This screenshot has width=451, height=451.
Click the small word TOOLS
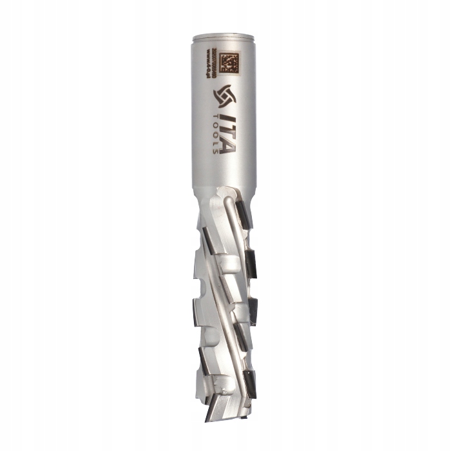[x=213, y=132]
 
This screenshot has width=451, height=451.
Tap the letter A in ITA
[x=225, y=146]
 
